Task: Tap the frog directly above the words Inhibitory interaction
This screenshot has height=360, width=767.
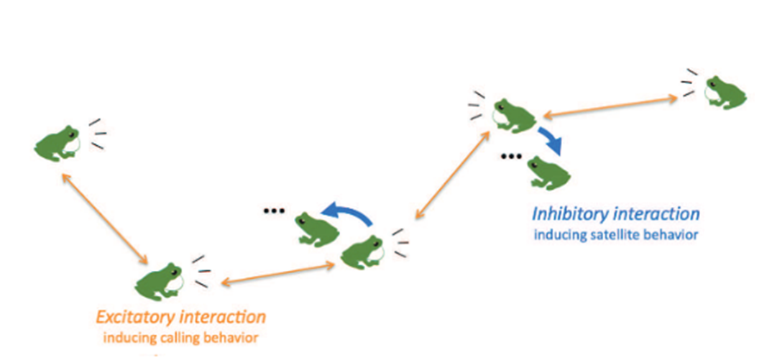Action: [x=548, y=172]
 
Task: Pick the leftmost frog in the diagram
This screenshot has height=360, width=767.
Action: [x=58, y=142]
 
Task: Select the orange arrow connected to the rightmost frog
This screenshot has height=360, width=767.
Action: [x=610, y=105]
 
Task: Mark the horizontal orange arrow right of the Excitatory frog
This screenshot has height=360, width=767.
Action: [x=277, y=274]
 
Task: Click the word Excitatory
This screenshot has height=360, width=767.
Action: [x=136, y=317]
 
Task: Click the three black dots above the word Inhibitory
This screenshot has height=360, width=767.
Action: [x=510, y=157]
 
